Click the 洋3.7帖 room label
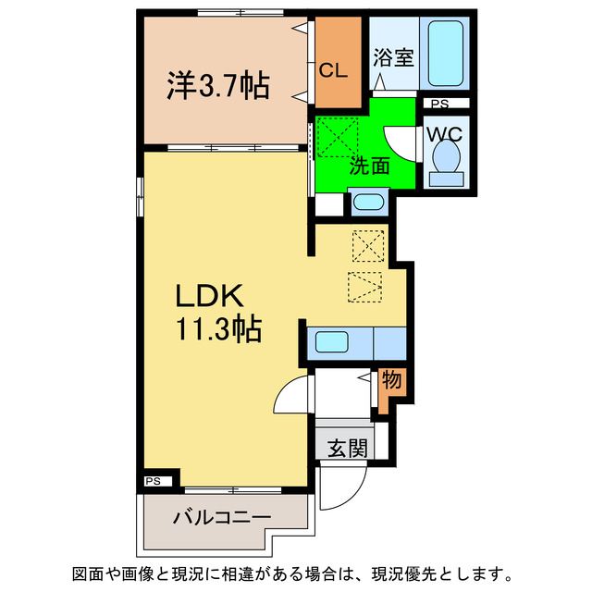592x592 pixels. [218, 86]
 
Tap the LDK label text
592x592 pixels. [210, 296]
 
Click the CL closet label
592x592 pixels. [335, 69]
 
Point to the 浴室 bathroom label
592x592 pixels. [393, 58]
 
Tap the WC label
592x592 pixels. [447, 132]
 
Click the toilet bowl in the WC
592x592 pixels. [447, 157]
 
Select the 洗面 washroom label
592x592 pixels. [368, 166]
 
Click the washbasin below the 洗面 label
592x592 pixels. [369, 203]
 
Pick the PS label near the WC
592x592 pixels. [439, 104]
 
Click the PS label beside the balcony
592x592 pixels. [154, 481]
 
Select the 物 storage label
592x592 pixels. [391, 380]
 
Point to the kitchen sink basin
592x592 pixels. [332, 342]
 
